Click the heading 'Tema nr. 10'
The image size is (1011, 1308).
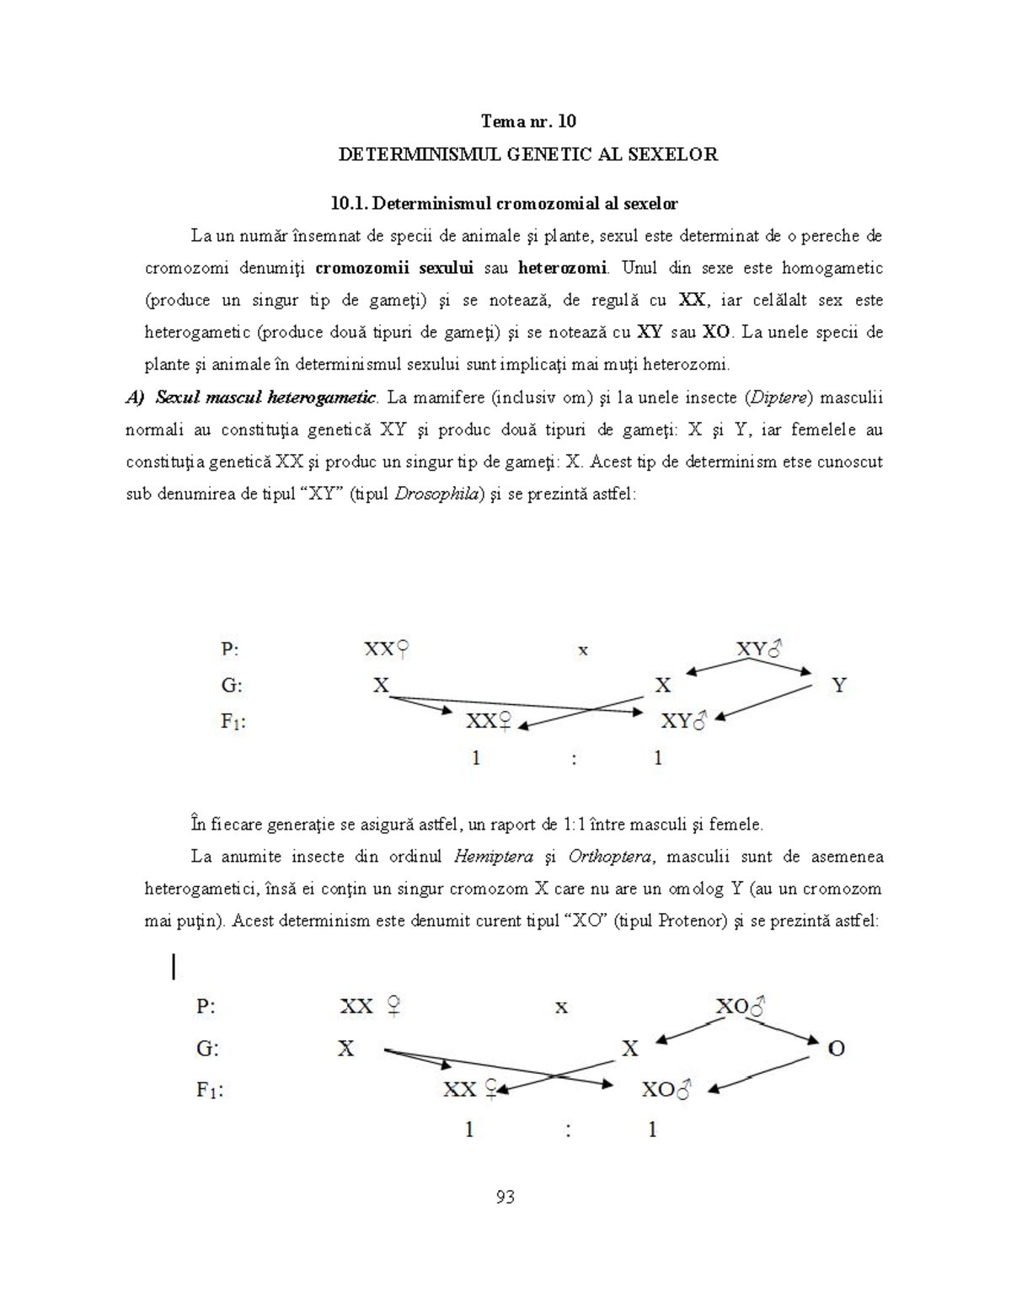pos(528,121)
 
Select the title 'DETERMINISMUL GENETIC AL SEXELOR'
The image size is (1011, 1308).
pos(527,154)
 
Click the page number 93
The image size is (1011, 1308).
pos(505,1197)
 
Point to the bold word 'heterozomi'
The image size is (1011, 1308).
pos(562,269)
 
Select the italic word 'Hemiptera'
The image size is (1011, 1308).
pos(493,857)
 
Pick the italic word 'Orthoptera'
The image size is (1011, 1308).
pos(610,857)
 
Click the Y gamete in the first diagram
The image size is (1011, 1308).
pos(838,686)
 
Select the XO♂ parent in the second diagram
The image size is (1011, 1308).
pos(740,1006)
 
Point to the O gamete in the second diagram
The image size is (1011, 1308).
pos(836,1049)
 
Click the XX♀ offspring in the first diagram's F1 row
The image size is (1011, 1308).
pos(489,722)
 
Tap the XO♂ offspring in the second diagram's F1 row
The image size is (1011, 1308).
pos(666,1090)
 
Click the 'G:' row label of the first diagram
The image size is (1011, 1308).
pos(232,686)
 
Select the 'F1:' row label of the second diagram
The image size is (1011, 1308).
pos(210,1090)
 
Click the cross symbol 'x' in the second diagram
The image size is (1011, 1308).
pos(561,1006)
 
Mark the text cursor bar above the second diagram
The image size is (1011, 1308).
pos(174,966)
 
